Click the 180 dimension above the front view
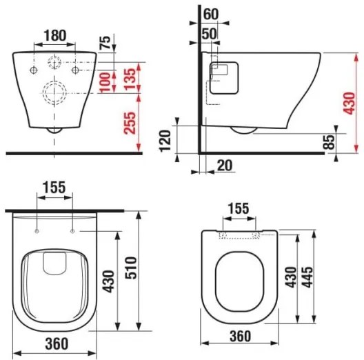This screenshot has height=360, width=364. coord(54,35)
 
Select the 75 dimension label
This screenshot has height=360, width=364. coord(105,42)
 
